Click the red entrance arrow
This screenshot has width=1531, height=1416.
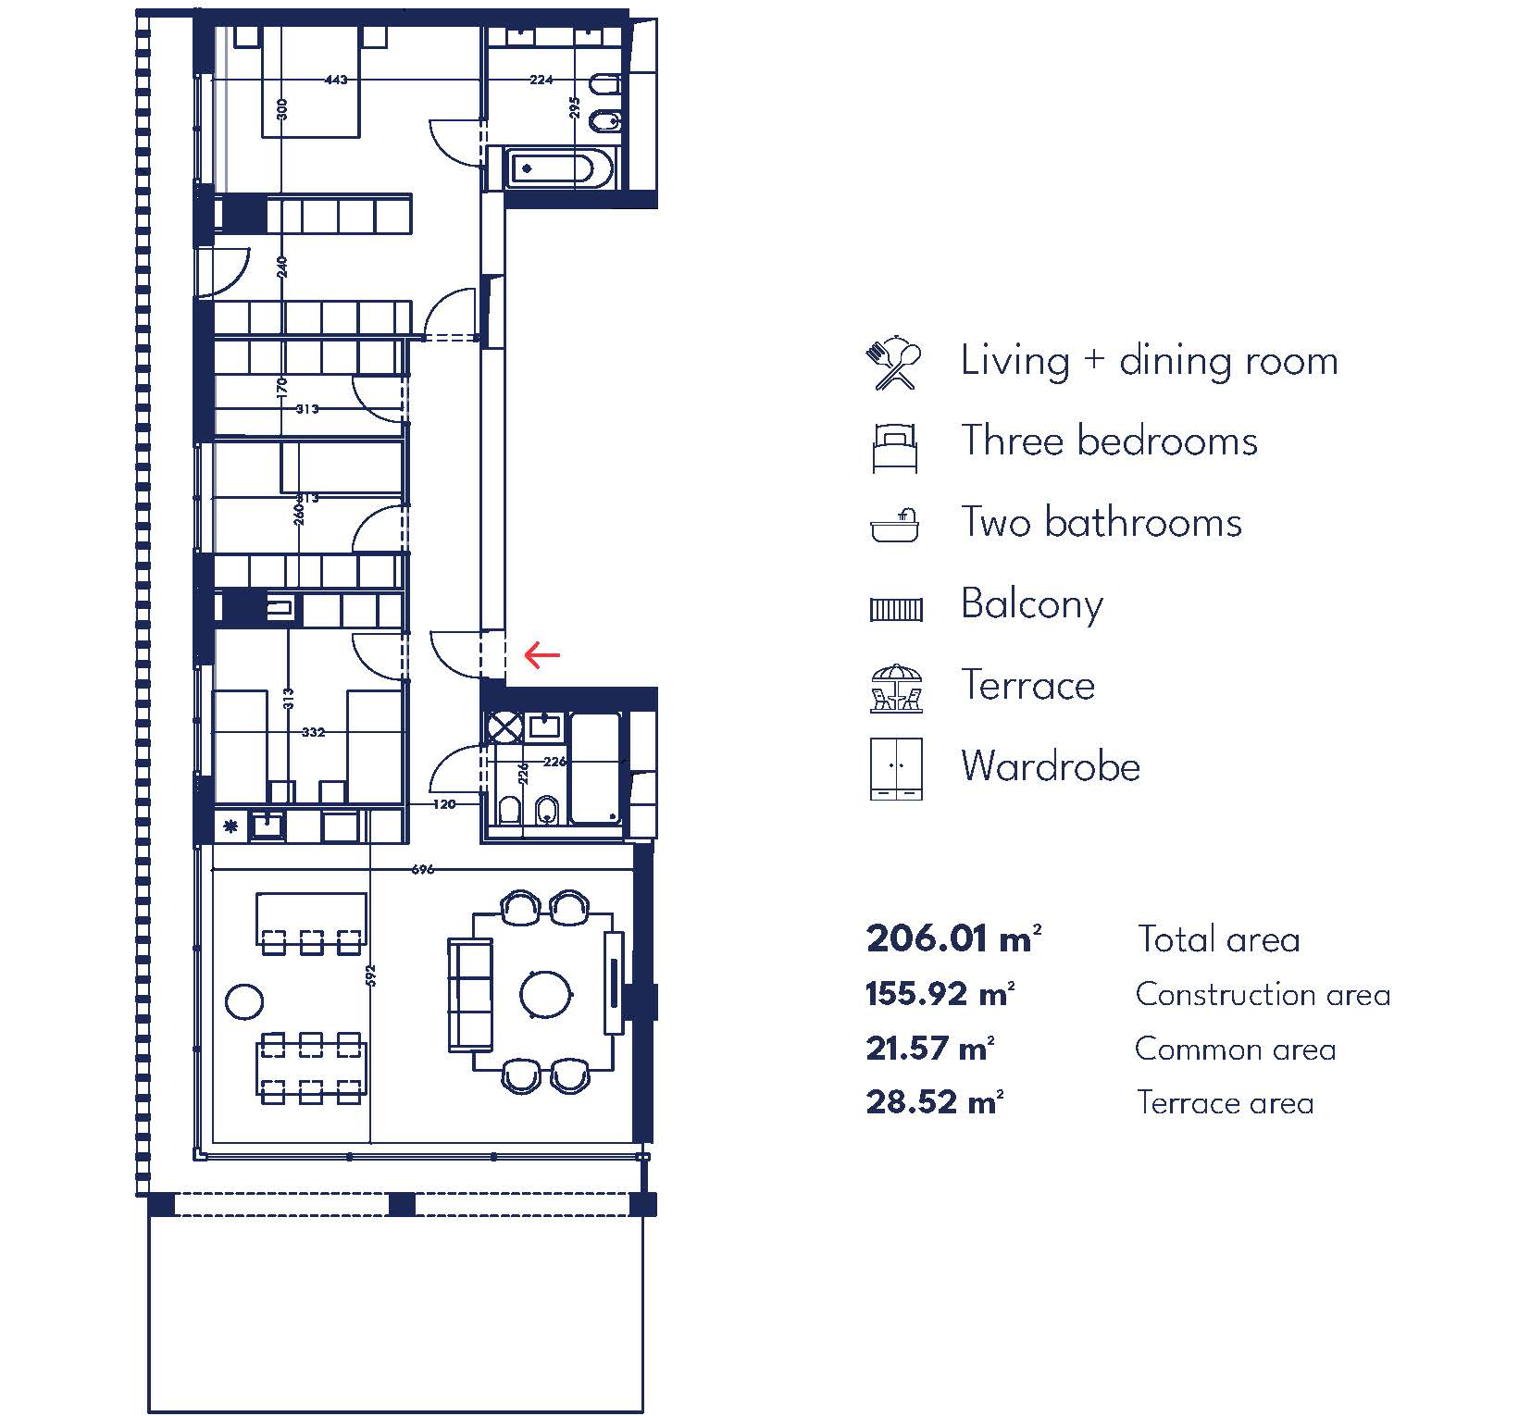pos(541,655)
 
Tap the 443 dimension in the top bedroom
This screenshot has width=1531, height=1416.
pos(336,81)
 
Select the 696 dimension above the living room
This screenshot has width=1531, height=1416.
pos(422,869)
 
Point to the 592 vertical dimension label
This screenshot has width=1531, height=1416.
pos(370,975)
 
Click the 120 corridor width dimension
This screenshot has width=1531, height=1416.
pos(444,804)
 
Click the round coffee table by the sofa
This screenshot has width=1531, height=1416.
pos(546,994)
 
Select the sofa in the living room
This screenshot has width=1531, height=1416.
pos(470,994)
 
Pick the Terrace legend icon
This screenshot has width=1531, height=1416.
pos(896,688)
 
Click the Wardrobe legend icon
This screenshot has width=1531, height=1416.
pos(896,768)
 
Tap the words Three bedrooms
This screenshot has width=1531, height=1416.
pos(1109,441)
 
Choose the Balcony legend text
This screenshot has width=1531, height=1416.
pos(1032,605)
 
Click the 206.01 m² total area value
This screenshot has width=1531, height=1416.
pos(953,938)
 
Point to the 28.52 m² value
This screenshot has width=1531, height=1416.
pos(935,1102)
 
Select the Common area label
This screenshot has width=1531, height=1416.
pos(1235,1049)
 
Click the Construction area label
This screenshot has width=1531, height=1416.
pos(1263,994)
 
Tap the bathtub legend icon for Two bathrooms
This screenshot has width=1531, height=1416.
pos(895,525)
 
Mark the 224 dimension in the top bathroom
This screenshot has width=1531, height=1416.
pos(541,80)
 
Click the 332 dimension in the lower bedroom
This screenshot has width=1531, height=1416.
pos(313,732)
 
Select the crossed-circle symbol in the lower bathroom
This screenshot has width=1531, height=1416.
pos(504,727)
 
